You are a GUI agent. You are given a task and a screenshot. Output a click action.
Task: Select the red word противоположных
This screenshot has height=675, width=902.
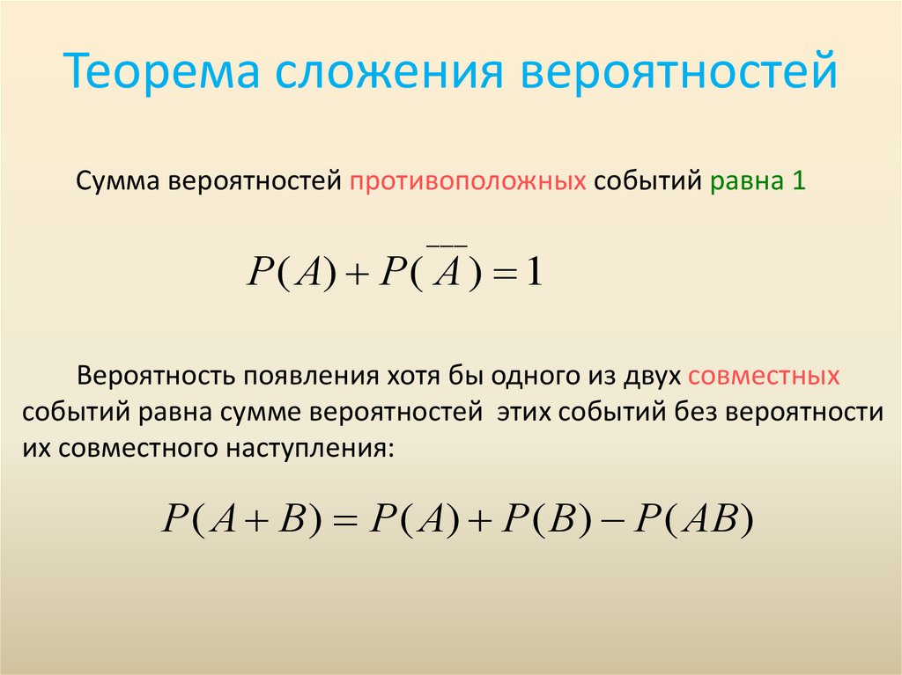[x=469, y=182]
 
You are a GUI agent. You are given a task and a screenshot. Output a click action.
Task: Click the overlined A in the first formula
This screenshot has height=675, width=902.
[x=447, y=273]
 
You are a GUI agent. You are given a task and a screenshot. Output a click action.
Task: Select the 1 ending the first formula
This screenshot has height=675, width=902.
[x=535, y=273]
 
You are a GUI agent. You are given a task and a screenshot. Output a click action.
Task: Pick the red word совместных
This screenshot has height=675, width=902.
[x=764, y=376]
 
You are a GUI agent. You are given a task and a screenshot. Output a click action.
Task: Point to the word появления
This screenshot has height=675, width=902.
[x=304, y=376]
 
